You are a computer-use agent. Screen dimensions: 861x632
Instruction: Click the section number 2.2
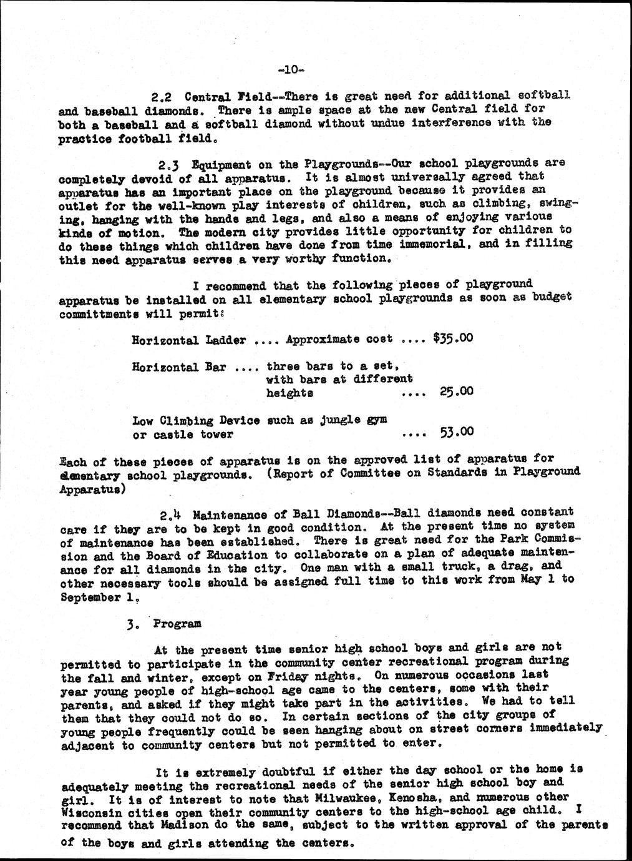163,97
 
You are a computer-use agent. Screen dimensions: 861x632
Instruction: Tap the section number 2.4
170,516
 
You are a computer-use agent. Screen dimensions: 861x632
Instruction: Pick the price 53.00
457,432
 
